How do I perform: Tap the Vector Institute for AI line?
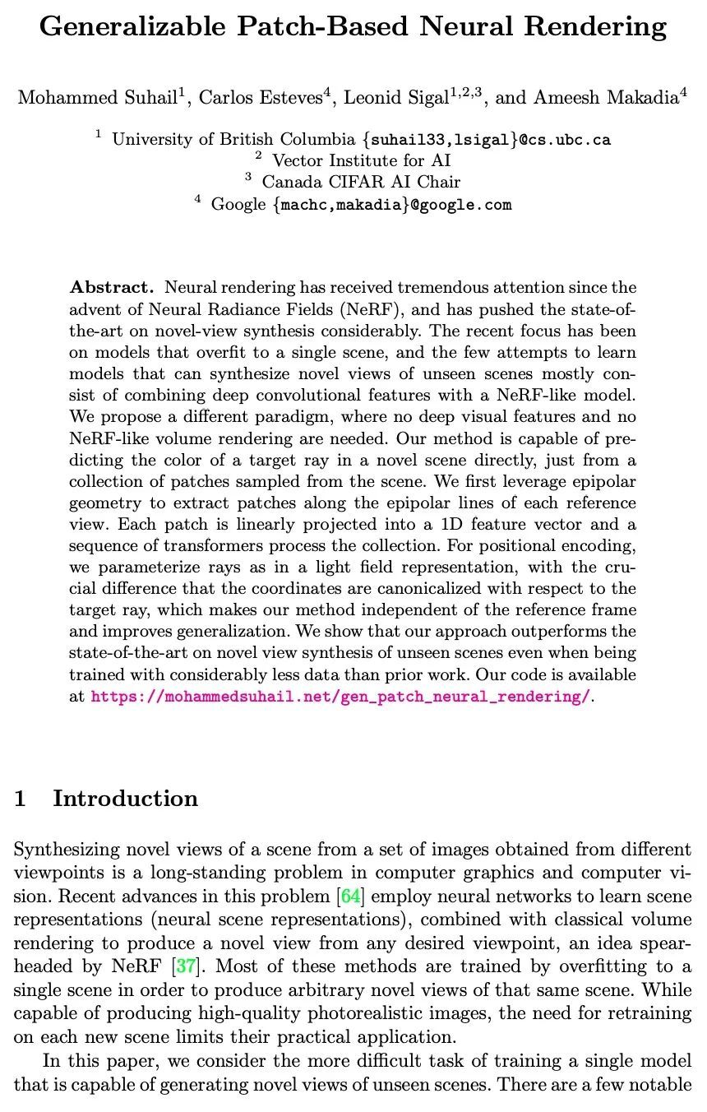[361, 161]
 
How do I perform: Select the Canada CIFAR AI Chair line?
[361, 183]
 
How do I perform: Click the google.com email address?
[391, 205]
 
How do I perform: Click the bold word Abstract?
[112, 288]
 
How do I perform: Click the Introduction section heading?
[125, 799]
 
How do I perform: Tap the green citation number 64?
[349, 896]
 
